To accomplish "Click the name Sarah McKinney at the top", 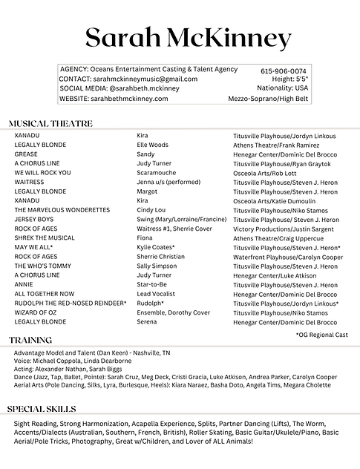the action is tap(188, 37).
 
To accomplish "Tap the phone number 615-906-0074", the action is tap(283, 70).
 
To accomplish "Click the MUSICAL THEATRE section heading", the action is tap(50, 123).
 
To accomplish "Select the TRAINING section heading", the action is tap(30, 340).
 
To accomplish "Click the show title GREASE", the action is tap(25, 154).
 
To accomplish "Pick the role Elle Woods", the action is tap(153, 145).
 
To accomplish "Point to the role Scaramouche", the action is tap(157, 173).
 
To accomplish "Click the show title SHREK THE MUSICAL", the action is tap(45, 238).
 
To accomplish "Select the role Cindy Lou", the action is tap(151, 210).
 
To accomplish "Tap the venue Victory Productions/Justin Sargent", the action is tap(283, 229).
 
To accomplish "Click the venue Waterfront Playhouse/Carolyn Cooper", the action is tap(288, 257).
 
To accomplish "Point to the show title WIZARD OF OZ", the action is tap(37, 313).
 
